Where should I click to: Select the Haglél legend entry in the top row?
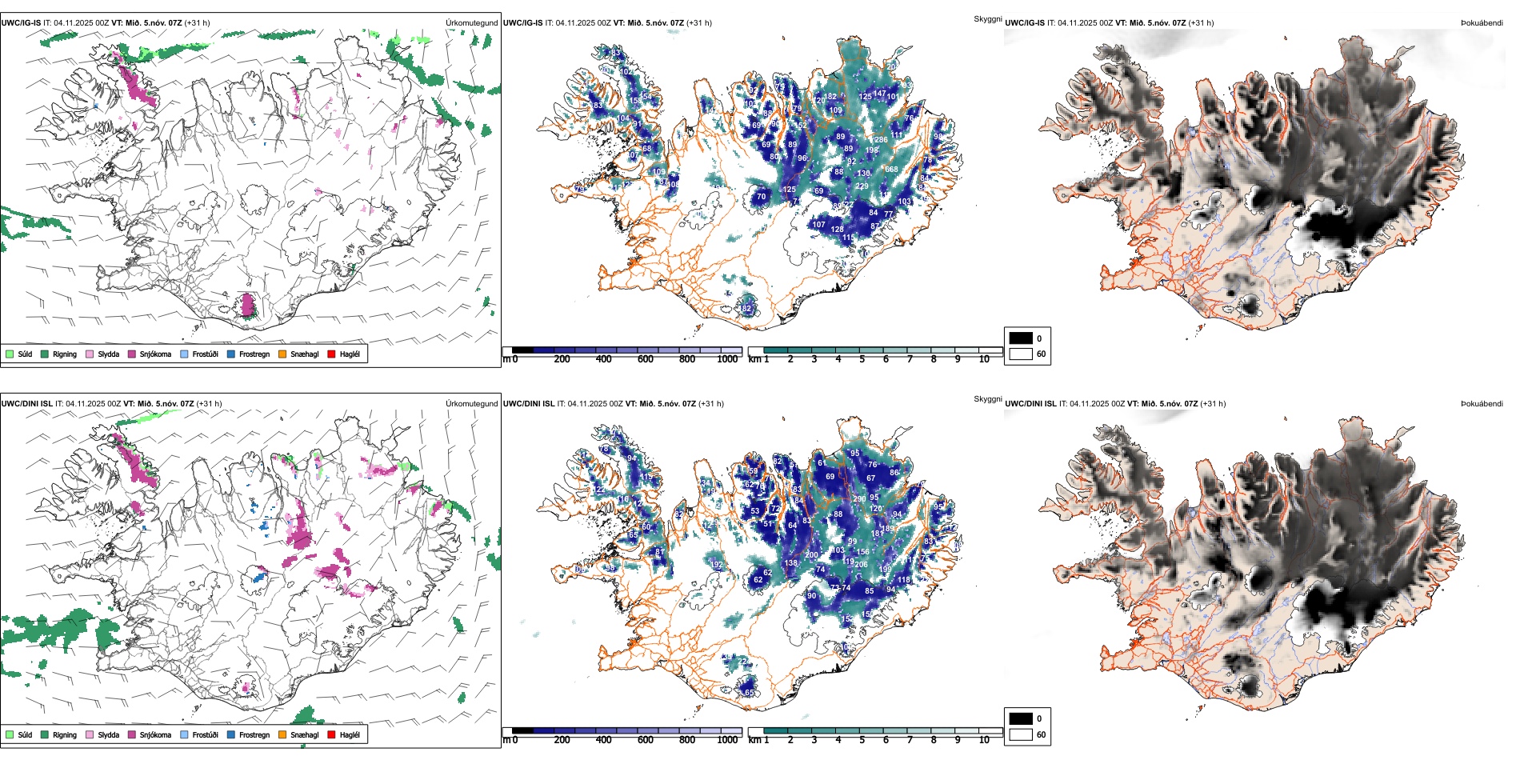point(343,354)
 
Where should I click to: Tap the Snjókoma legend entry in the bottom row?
point(149,734)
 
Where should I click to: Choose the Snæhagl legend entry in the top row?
point(298,354)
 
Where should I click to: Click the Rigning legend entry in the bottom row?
point(58,734)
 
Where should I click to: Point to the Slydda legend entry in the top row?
point(102,354)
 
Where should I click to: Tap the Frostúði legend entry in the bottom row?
point(199,734)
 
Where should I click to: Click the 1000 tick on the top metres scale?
point(727,359)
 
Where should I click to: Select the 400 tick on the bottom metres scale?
point(603,740)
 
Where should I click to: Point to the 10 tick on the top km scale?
point(984,359)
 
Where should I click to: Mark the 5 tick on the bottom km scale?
point(862,740)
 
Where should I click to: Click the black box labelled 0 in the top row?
point(1021,338)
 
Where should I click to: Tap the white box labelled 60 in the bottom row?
point(1021,734)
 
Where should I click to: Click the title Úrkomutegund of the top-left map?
point(471,23)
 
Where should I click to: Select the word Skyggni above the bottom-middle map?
point(987,398)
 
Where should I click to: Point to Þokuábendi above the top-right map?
point(1482,23)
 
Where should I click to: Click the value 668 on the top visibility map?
point(891,170)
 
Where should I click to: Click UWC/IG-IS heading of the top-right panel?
point(1025,23)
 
